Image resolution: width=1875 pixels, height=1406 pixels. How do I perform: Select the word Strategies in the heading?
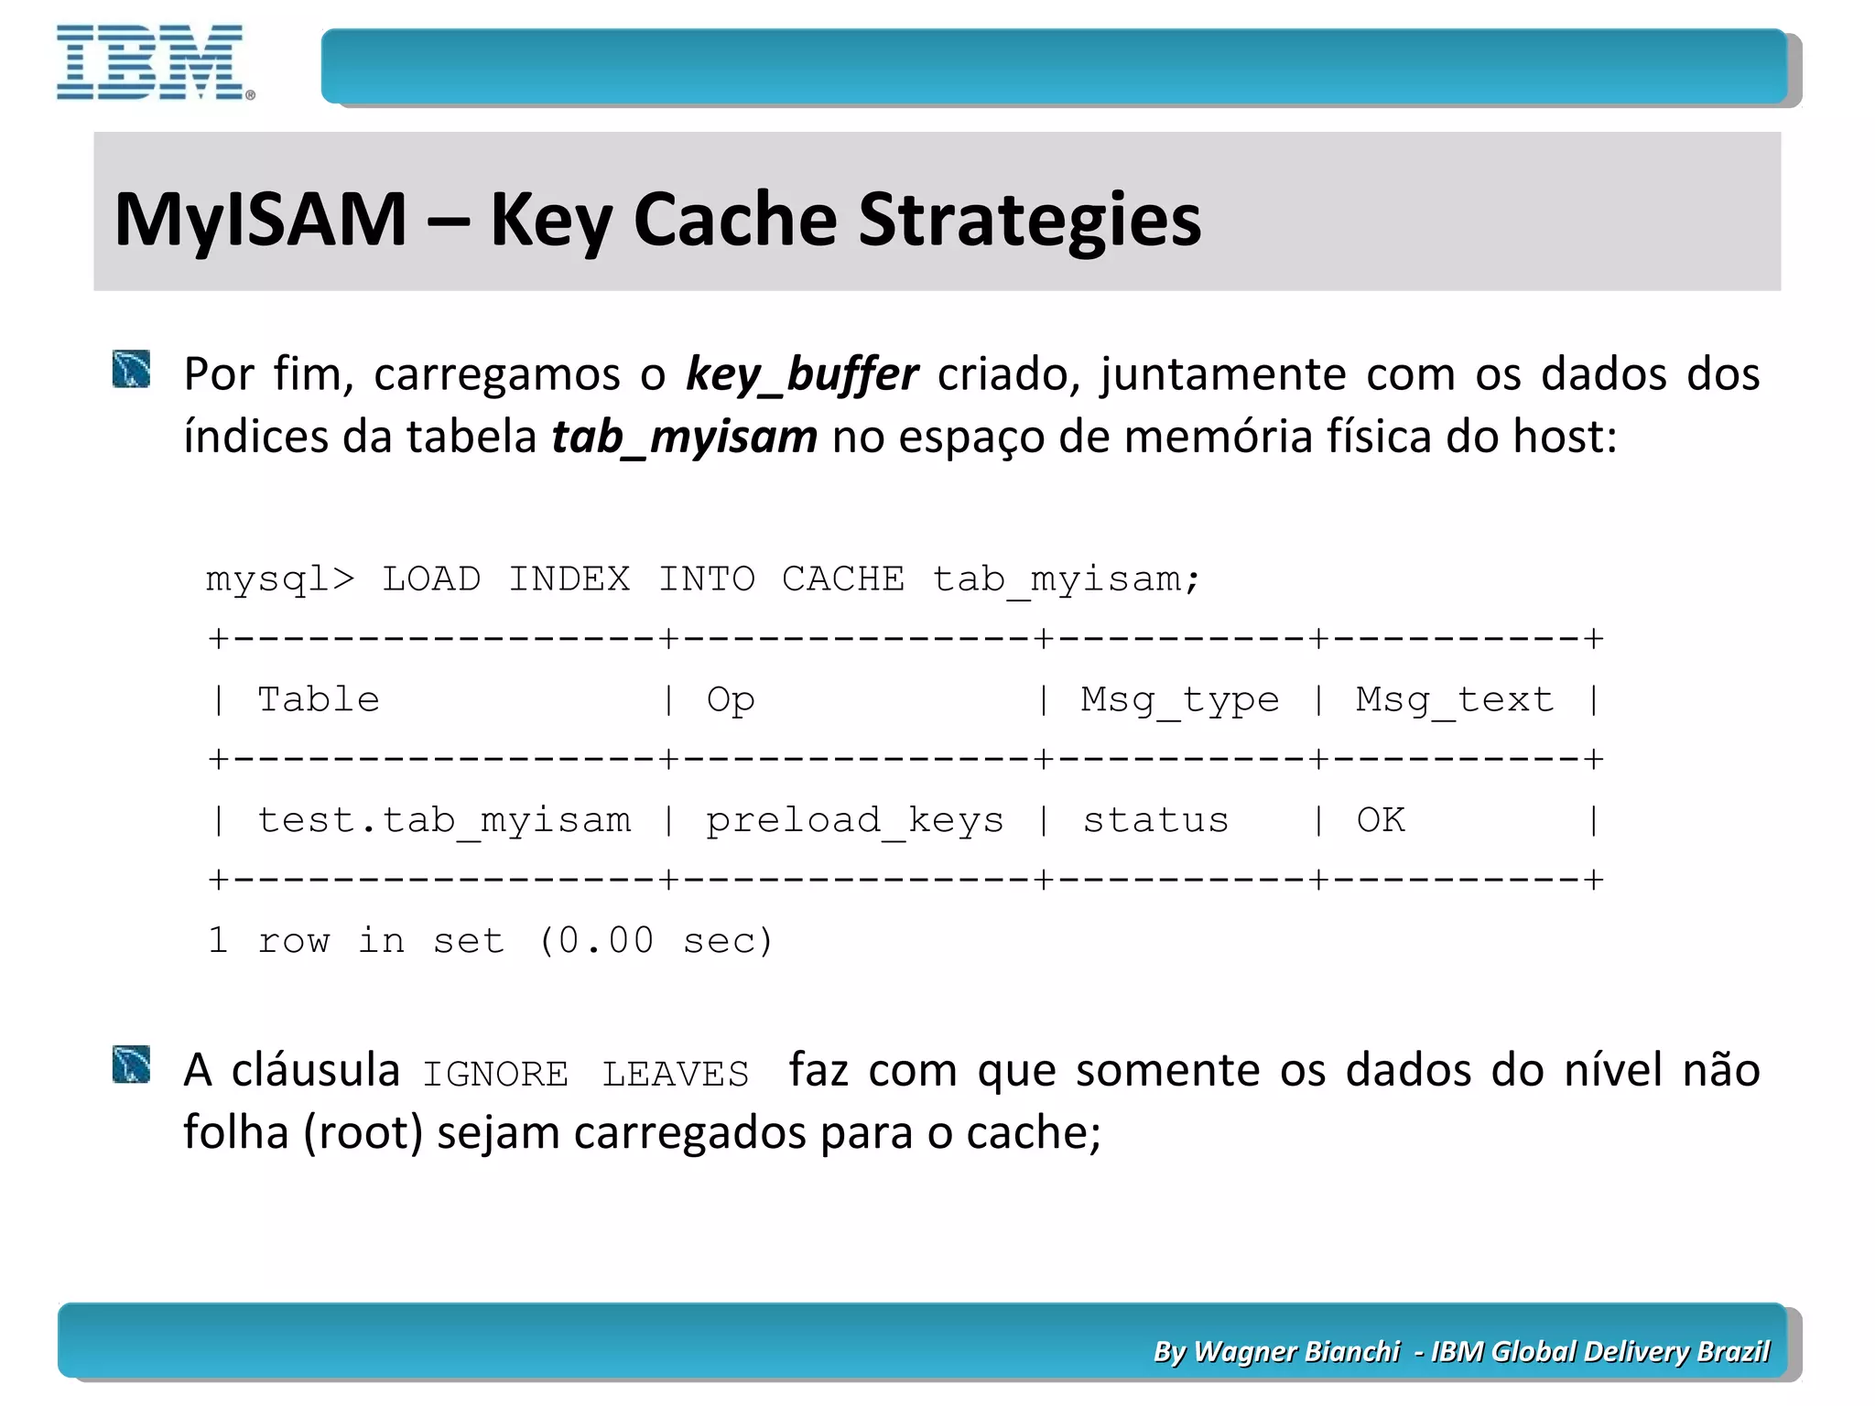(1029, 220)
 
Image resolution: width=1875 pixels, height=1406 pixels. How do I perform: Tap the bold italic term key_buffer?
(801, 373)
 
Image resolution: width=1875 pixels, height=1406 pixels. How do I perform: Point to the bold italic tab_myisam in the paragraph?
(684, 436)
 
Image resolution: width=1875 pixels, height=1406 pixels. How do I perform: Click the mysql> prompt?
(279, 579)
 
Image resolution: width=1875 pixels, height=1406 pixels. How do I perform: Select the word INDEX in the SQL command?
(569, 579)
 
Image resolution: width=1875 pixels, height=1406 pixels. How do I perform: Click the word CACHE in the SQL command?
(842, 579)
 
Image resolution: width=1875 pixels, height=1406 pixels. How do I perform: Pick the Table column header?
(318, 700)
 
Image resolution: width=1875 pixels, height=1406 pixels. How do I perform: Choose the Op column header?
(730, 700)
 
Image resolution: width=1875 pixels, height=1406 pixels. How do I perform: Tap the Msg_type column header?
(1179, 700)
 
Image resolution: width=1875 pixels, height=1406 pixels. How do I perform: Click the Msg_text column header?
(1455, 700)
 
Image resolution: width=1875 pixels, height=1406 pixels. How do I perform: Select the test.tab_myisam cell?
(444, 820)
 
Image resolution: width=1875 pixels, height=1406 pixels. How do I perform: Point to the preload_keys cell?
(854, 820)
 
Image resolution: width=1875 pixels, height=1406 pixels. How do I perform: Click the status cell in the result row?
(1155, 820)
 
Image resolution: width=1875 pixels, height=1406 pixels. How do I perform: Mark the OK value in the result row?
(1381, 820)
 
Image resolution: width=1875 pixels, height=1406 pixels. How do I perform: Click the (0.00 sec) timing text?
(656, 941)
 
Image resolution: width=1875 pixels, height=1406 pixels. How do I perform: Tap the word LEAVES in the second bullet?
(675, 1074)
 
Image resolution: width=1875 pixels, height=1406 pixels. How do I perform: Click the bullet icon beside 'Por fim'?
(132, 370)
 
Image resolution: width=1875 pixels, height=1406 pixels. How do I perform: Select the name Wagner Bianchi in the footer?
(1296, 1351)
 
